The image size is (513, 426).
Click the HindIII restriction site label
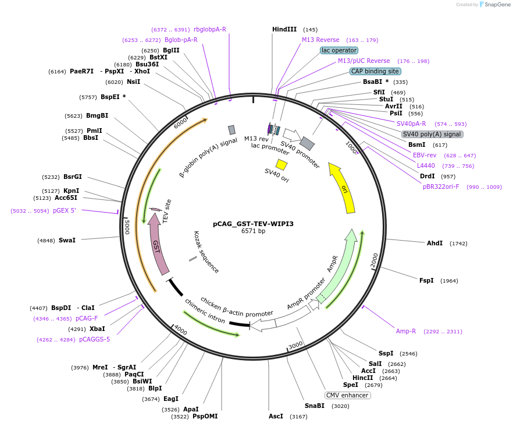click(x=284, y=29)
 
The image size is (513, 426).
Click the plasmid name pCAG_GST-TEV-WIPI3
click(x=253, y=224)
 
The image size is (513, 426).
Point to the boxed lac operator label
click(x=339, y=50)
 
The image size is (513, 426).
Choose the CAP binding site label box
click(x=375, y=71)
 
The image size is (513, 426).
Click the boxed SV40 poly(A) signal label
click(x=432, y=134)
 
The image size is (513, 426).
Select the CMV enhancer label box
click(x=347, y=395)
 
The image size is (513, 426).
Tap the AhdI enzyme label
click(x=434, y=243)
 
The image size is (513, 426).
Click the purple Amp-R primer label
click(x=406, y=331)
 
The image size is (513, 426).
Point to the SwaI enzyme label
click(x=67, y=240)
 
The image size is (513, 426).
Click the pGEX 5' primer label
click(x=65, y=211)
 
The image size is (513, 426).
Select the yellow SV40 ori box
click(x=282, y=164)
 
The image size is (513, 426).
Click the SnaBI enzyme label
click(x=314, y=406)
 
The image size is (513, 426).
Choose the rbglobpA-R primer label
click(x=210, y=29)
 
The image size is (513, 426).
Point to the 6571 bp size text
click(x=253, y=231)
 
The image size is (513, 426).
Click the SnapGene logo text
click(x=496, y=5)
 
